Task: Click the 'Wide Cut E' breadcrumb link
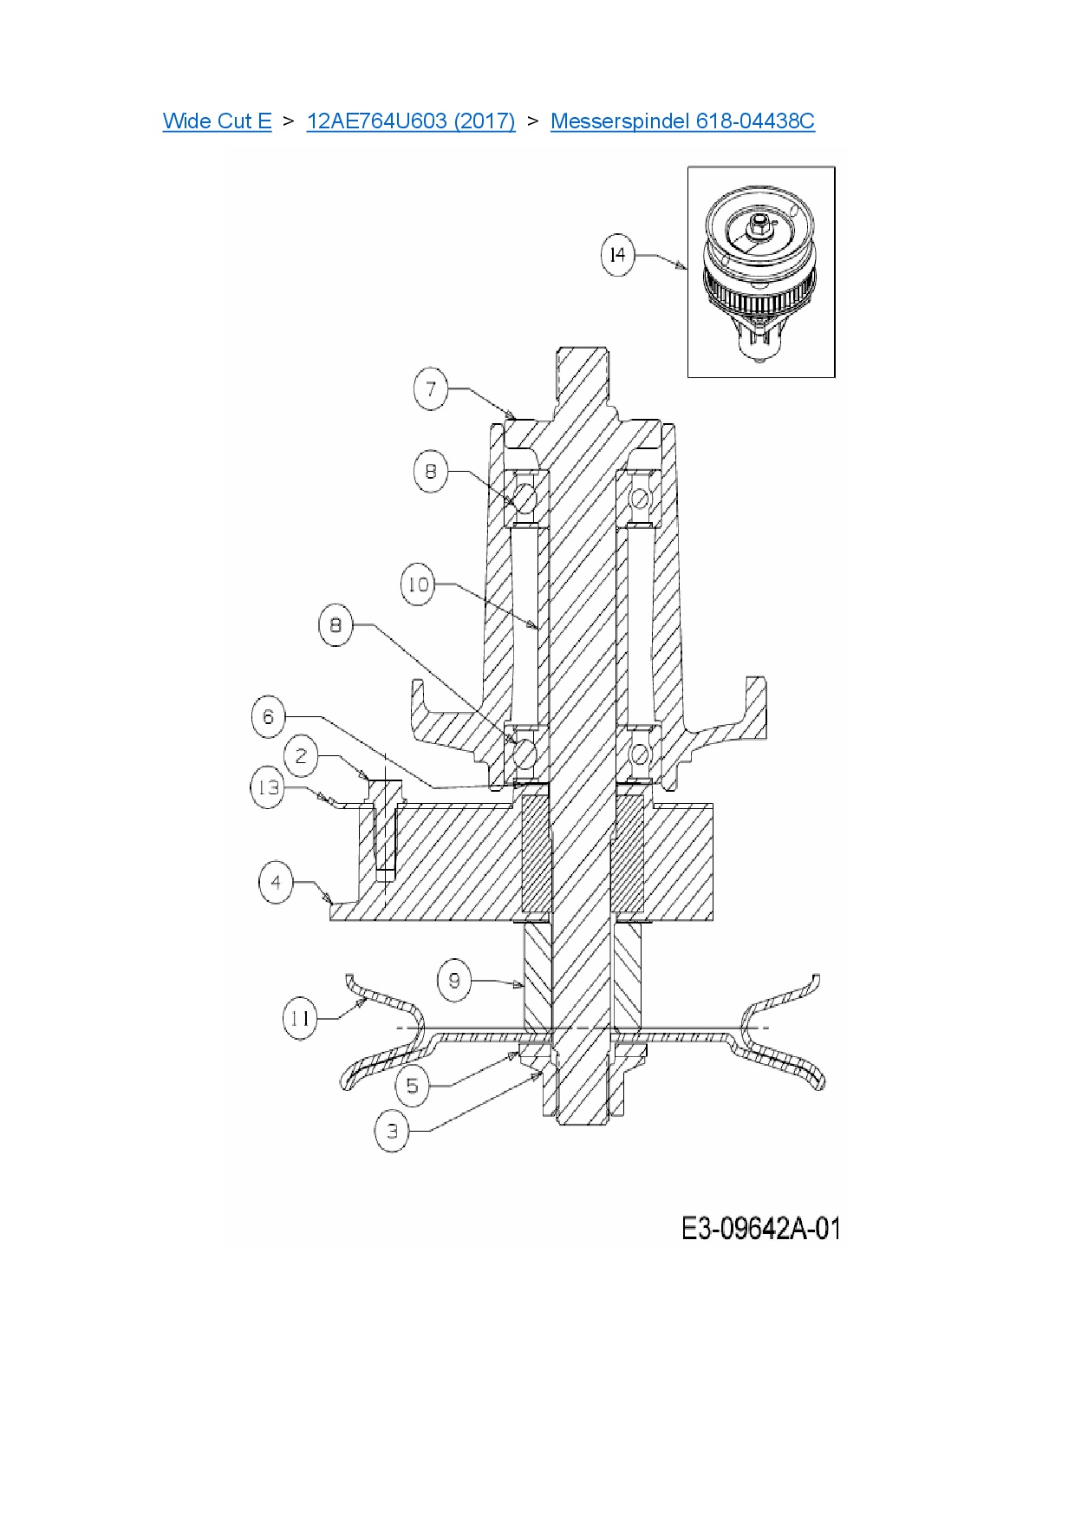[217, 121]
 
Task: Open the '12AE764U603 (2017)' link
[411, 121]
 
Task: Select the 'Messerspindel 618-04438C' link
[682, 121]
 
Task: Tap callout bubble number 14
[617, 255]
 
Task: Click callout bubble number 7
[431, 388]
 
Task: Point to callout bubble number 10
[418, 584]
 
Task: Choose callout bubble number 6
[268, 717]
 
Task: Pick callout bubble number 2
[301, 756]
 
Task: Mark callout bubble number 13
[268, 787]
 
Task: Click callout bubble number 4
[276, 884]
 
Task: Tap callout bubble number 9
[454, 981]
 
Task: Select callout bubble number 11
[300, 1017]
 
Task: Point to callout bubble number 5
[413, 1086]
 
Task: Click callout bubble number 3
[392, 1132]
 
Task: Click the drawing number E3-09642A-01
[760, 1228]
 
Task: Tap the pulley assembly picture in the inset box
[760, 273]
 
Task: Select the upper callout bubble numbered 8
[431, 472]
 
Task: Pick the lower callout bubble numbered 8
[336, 625]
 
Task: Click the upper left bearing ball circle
[525, 498]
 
